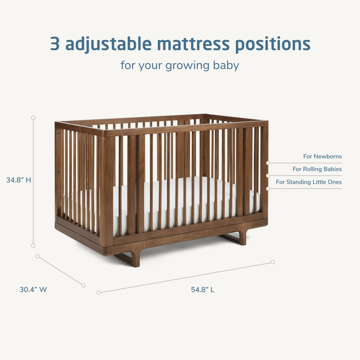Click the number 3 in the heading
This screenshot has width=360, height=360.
pyautogui.click(x=55, y=44)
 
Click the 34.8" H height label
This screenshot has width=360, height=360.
pyautogui.click(x=19, y=180)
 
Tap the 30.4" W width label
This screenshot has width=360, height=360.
pyautogui.click(x=33, y=290)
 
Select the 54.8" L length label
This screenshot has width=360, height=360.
pyautogui.click(x=202, y=290)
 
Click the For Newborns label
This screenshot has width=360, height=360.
pyautogui.click(x=322, y=157)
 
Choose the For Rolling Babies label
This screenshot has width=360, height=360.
pyautogui.click(x=317, y=169)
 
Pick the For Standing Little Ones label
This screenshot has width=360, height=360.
pyautogui.click(x=309, y=182)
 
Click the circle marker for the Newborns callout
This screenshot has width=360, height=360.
pyautogui.click(x=268, y=162)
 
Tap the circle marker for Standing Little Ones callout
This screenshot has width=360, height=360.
pyautogui.click(x=268, y=188)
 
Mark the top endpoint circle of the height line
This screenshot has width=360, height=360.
pyautogui.click(x=33, y=117)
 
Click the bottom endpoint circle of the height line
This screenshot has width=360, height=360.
pyautogui.click(x=33, y=245)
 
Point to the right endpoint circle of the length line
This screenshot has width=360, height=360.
pyautogui.click(x=272, y=262)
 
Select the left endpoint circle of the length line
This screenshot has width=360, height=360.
pyautogui.click(x=99, y=292)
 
